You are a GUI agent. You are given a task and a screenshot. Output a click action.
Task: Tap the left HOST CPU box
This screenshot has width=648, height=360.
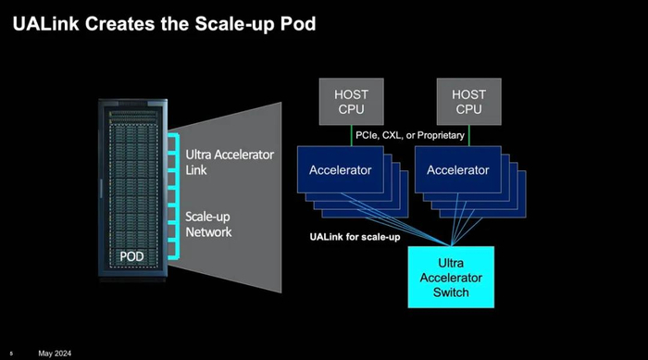coord(351,103)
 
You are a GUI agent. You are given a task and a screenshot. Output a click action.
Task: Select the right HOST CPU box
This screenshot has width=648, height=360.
coord(468,103)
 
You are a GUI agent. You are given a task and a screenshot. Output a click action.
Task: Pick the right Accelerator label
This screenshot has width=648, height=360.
coord(457,170)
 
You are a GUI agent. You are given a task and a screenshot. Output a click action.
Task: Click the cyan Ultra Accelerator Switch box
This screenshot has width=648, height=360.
coord(452,277)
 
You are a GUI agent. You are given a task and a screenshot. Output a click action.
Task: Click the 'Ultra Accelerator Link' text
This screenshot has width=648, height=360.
coord(230,162)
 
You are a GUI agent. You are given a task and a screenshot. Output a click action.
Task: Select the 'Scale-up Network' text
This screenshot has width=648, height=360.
coord(209,224)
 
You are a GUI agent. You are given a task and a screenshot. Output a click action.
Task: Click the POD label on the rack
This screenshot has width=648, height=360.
coord(132,255)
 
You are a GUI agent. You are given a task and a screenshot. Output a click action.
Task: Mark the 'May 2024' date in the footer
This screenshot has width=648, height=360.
coord(55,354)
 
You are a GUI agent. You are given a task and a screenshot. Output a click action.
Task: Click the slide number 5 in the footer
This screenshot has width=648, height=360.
coord(10,354)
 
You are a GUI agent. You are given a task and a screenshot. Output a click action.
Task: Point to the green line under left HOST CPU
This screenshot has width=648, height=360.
coord(351,136)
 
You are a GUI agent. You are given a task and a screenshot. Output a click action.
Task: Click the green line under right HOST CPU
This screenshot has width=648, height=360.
coord(468,136)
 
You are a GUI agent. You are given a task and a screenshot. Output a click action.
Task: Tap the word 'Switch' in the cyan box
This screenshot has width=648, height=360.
coord(451,293)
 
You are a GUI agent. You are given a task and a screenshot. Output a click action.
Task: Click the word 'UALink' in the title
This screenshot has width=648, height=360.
coord(43,23)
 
